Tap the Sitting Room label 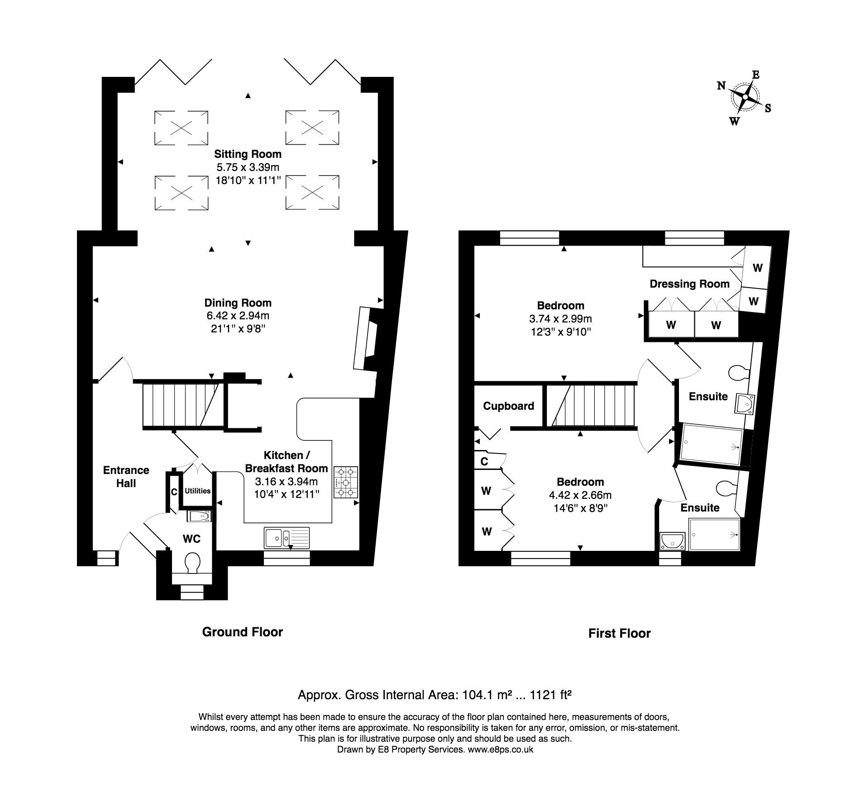pyautogui.click(x=248, y=154)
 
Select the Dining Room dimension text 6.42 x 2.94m pyautogui.click(x=238, y=316)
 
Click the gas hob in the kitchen pyautogui.click(x=346, y=482)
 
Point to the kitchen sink pyautogui.click(x=287, y=537)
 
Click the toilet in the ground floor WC pyautogui.click(x=193, y=563)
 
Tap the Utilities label pyautogui.click(x=197, y=491)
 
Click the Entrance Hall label pyautogui.click(x=126, y=477)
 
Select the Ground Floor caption pyautogui.click(x=242, y=632)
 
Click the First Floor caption pyautogui.click(x=619, y=633)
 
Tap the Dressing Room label pyautogui.click(x=689, y=284)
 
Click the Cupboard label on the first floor pyautogui.click(x=508, y=406)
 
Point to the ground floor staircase pyautogui.click(x=181, y=405)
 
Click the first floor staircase pyautogui.click(x=591, y=405)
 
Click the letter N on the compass pyautogui.click(x=722, y=85)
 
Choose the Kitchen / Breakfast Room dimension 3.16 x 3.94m pyautogui.click(x=286, y=481)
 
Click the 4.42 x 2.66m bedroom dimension pyautogui.click(x=580, y=495)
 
